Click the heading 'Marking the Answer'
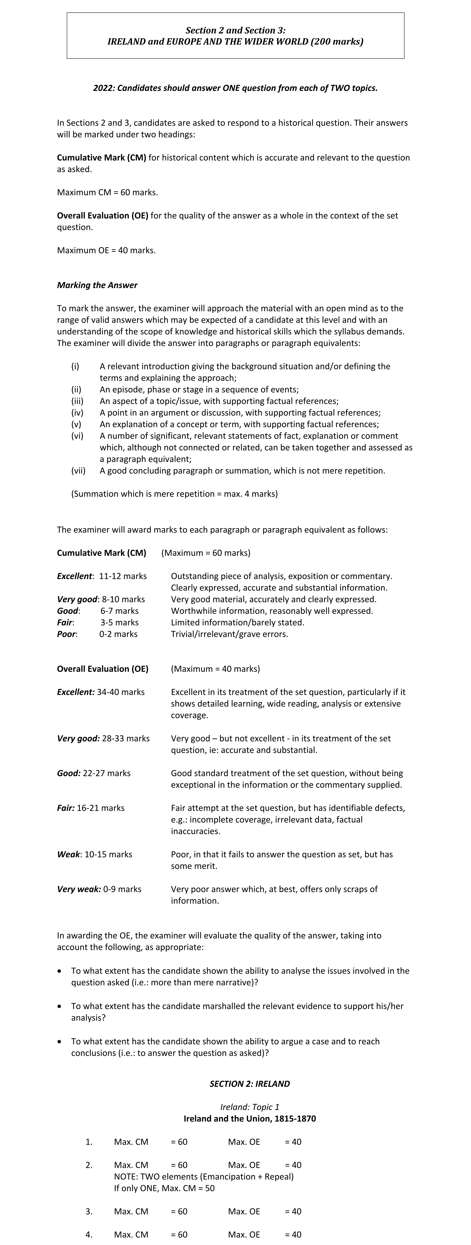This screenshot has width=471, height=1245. click(x=97, y=285)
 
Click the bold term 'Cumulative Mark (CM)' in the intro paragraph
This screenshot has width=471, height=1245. click(x=102, y=158)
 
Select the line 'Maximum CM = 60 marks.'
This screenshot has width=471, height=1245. click(x=107, y=192)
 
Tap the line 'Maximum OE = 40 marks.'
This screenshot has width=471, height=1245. click(x=106, y=250)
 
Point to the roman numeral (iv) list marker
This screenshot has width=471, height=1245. click(x=77, y=413)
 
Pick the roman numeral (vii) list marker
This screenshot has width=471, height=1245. click(x=78, y=471)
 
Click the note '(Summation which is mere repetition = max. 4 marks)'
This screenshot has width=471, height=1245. click(x=175, y=494)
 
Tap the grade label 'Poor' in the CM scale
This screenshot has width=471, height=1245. click(x=67, y=634)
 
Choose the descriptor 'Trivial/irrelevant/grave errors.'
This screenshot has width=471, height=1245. click(x=229, y=634)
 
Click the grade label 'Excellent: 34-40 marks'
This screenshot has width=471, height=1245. click(x=101, y=692)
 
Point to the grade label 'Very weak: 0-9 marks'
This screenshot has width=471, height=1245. click(x=99, y=889)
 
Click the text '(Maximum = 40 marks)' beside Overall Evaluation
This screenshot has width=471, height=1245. click(x=215, y=669)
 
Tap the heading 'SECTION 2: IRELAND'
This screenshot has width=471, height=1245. click(x=249, y=1084)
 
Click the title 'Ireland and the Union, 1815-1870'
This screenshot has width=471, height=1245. click(x=249, y=1118)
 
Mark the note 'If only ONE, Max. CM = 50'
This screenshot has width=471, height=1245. click(x=165, y=1188)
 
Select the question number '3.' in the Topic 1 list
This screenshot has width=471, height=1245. click(x=89, y=1211)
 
